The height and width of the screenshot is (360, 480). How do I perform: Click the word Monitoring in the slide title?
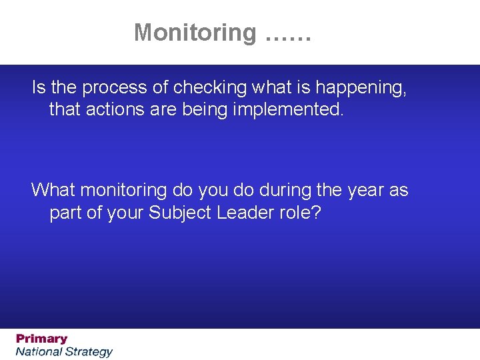(x=195, y=32)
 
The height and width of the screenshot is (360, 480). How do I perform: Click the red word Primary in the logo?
(x=42, y=339)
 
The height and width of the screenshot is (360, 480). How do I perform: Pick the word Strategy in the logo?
(x=89, y=351)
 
